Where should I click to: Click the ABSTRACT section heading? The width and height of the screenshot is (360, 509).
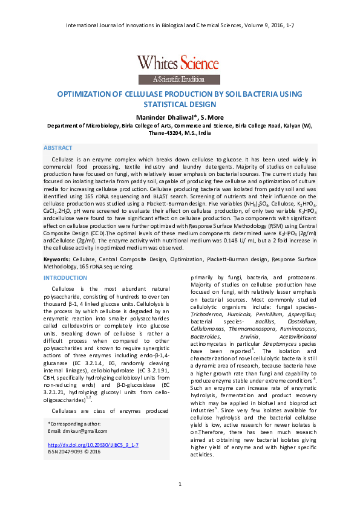59,148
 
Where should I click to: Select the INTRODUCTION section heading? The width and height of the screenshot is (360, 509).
65,277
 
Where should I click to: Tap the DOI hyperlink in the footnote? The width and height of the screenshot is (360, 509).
93,445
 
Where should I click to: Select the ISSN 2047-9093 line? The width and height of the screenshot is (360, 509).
73,451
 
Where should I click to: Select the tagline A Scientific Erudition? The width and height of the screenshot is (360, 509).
179,79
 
